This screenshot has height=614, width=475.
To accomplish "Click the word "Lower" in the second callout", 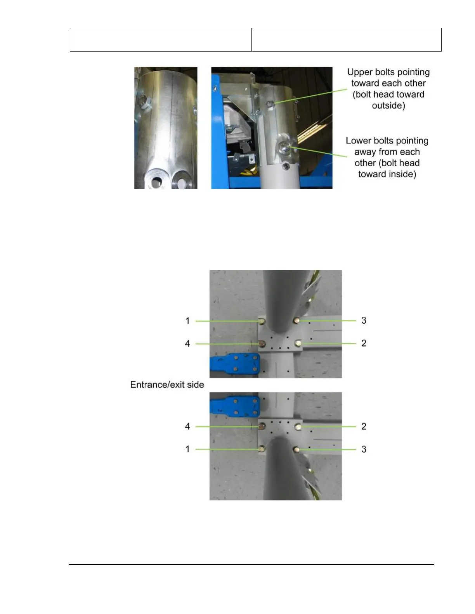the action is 358,141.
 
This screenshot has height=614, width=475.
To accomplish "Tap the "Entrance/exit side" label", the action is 167,385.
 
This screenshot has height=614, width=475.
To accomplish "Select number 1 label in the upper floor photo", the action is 187,321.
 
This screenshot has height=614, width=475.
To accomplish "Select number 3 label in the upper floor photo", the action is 364,321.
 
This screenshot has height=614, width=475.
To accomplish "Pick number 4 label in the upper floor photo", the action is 187,343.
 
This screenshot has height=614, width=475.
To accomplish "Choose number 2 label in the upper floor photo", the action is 364,343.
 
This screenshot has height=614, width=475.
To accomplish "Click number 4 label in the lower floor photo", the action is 187,426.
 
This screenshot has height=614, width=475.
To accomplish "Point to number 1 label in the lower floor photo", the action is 187,449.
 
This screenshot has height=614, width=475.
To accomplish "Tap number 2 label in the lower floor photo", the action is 364,426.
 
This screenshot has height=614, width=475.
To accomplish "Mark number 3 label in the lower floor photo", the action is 364,449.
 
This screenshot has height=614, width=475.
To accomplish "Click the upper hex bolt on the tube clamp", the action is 270,104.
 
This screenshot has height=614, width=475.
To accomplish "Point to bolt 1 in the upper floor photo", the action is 262,321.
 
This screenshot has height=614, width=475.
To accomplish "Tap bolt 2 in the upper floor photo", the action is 298,343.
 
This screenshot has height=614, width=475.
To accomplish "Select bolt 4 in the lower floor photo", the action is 262,427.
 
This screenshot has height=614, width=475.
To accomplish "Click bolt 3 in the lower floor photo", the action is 297,450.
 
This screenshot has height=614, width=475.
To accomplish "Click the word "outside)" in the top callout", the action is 388,105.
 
